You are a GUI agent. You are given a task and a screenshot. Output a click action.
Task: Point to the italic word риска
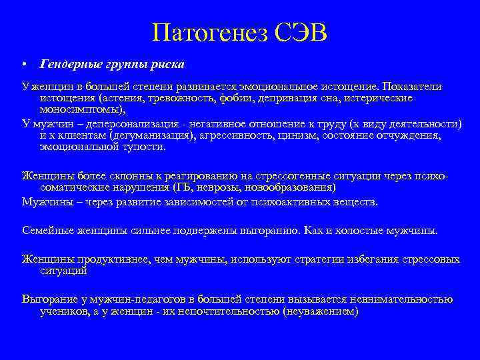(x=168, y=65)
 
